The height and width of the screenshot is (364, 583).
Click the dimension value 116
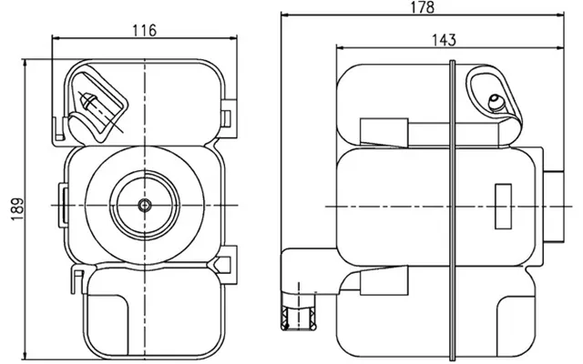145,30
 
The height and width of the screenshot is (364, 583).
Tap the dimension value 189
17,208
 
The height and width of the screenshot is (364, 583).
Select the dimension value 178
423,7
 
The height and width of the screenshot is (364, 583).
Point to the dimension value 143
444,40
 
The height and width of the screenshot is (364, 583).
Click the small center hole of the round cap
145,205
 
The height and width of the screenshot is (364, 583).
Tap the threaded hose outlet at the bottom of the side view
299,318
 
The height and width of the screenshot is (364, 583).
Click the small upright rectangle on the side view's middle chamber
503,207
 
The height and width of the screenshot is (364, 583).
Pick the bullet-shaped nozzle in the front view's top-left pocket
88,100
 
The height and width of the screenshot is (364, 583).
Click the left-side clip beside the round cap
63,205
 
